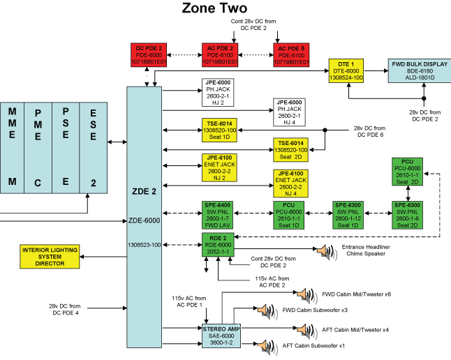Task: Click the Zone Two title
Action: [214, 8]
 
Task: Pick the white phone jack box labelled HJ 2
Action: [217, 91]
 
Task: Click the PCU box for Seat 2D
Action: [407, 171]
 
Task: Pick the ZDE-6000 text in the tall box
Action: [145, 219]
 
